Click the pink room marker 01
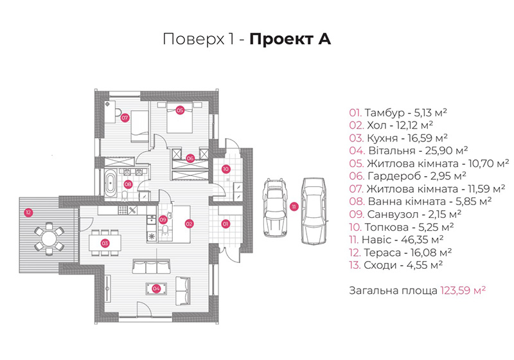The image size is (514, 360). tap(226, 224)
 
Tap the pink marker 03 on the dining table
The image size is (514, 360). tap(105, 243)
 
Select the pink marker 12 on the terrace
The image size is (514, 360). tap(28, 212)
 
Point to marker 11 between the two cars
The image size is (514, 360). tap(294, 206)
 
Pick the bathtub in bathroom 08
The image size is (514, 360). tap(111, 183)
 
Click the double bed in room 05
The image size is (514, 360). tap(179, 118)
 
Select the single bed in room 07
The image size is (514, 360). tap(140, 126)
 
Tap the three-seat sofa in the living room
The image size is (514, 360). tap(151, 266)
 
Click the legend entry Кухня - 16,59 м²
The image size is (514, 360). tap(398, 138)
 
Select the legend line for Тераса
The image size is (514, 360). tap(400, 253)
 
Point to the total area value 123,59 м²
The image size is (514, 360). tap(463, 291)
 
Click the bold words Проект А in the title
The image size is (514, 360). tap(290, 39)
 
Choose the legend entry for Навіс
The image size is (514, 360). tap(396, 240)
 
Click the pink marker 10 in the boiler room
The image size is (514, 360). tap(226, 169)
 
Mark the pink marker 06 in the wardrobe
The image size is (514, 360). tap(190, 159)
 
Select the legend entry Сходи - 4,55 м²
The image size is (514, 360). tap(396, 265)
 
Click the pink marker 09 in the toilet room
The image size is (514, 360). tap(163, 220)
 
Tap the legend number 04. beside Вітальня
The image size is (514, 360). tap(357, 151)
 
